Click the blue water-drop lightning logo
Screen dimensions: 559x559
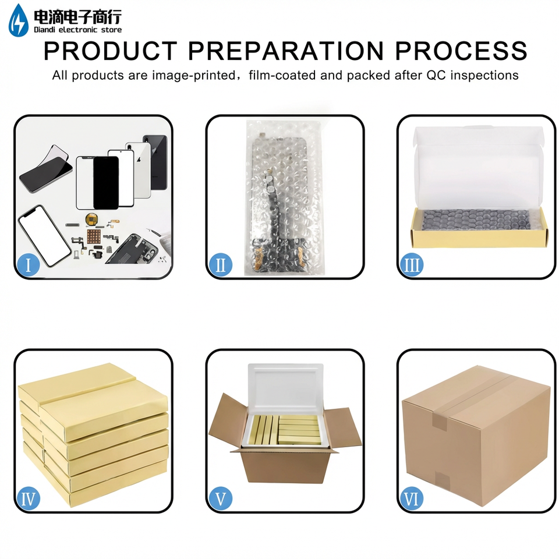19,20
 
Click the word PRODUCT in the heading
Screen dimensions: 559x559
111,51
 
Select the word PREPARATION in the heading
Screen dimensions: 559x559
286,51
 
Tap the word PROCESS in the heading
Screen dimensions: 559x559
461,51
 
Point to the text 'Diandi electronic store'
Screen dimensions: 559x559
77,30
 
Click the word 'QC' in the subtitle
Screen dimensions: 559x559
434,75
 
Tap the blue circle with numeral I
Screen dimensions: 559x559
28,264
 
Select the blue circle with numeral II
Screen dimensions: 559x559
220,264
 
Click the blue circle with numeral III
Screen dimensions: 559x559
412,264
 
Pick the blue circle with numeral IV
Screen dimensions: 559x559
28,498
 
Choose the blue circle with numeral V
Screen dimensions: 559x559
220,498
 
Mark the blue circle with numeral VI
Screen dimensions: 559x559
412,498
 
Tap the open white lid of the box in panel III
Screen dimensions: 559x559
479,167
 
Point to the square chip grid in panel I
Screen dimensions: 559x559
95,236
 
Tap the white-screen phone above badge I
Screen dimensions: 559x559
45,236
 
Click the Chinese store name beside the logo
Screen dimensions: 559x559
77,16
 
